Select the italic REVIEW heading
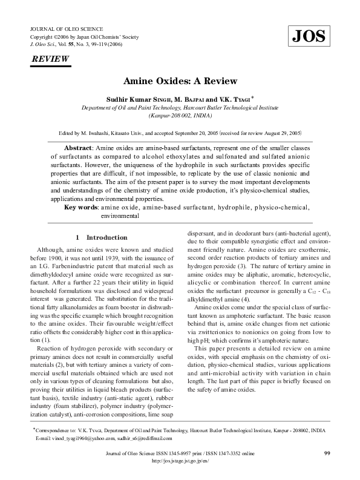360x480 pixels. pyautogui.click(x=50, y=59)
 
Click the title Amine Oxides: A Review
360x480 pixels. pyautogui.click(x=180, y=81)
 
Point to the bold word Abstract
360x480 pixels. pyautogui.click(x=79, y=148)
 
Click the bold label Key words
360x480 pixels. pyautogui.click(x=81, y=207)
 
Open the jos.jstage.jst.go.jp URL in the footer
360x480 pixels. pyautogui.click(x=180, y=461)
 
